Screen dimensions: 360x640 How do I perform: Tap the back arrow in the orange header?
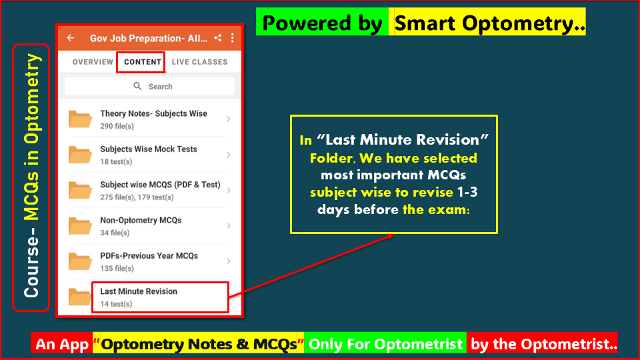71,38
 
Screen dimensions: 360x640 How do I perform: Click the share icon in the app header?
219,38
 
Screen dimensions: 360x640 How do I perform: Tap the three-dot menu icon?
232,38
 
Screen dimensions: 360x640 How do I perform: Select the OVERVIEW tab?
93,62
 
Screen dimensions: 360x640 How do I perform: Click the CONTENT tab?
143,62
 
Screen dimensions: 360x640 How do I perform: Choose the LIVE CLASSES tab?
199,62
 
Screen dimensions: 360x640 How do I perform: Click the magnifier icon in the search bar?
138,87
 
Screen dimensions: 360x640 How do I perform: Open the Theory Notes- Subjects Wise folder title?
153,114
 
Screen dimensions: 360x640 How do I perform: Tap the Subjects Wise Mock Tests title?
148,149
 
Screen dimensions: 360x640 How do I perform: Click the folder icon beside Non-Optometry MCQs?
81,226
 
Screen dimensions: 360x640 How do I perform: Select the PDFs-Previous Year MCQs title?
149,256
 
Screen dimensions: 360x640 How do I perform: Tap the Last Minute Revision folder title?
139,291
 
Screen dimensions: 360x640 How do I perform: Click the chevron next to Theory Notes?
229,119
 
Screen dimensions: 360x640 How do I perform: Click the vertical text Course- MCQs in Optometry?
31,177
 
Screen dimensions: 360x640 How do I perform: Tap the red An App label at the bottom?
63,344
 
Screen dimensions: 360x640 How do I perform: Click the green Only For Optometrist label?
385,344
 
